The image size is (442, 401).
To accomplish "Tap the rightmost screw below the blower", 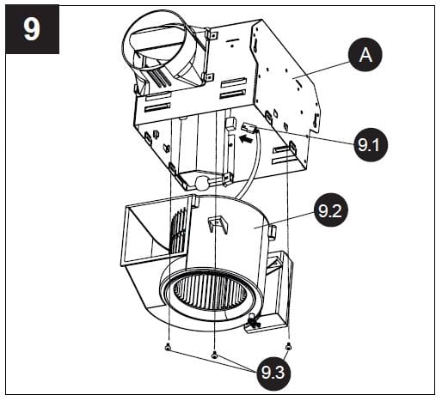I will click(x=287, y=345).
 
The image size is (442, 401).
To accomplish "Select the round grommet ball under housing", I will click(x=201, y=182).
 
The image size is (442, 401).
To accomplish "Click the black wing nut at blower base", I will click(x=253, y=321).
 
